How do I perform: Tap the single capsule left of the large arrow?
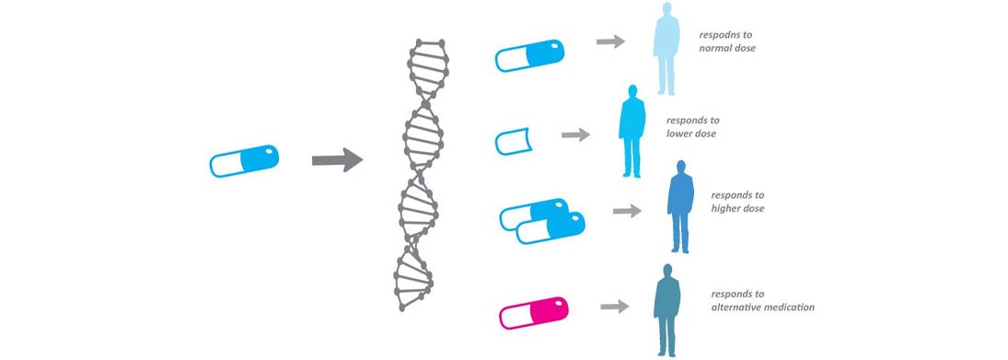click(x=244, y=161)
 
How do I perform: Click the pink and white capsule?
click(x=534, y=311)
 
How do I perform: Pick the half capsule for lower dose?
click(x=513, y=142)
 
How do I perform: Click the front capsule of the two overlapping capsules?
click(x=551, y=228)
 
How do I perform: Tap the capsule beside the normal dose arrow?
click(x=528, y=55)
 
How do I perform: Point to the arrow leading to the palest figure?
click(x=610, y=41)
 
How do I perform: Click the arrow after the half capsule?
click(x=575, y=134)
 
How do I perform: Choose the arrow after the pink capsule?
click(x=614, y=306)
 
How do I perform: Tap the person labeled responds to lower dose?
click(x=631, y=131)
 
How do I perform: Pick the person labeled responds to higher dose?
click(x=680, y=206)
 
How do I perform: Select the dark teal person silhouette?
click(x=667, y=309)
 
